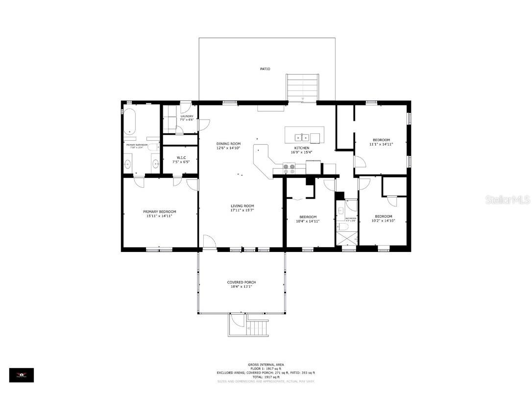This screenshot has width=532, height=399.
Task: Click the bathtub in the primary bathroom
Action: tap(130, 121)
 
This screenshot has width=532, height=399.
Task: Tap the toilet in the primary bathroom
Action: tap(153, 148)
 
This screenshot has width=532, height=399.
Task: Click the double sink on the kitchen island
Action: tap(304, 136)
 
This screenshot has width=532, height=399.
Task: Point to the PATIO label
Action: tap(265, 69)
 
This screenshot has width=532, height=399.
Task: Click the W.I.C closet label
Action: tap(180, 157)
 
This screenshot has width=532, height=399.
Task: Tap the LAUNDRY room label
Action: tap(187, 117)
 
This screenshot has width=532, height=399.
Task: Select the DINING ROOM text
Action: tap(229, 144)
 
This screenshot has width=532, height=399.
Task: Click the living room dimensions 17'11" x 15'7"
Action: tap(242, 210)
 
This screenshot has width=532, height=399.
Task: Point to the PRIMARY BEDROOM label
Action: tap(159, 212)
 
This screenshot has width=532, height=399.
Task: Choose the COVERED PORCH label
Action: tap(242, 282)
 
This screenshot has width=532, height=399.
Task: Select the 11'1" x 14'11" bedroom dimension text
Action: tap(381, 144)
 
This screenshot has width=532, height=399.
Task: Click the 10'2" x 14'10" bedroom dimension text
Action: tap(383, 221)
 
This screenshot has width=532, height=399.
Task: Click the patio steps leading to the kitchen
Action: tap(303, 87)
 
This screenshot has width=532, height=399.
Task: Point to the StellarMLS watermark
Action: tap(507, 200)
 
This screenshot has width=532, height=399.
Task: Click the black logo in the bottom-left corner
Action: tap(22, 375)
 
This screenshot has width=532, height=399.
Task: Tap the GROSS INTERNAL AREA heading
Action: tap(266, 365)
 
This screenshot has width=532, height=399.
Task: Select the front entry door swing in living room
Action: tap(209, 242)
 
